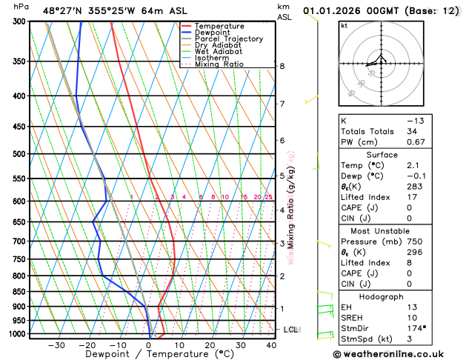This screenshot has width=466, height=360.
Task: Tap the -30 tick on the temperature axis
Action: tap(56, 344)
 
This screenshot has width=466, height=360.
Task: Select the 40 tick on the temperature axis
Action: tap(272, 344)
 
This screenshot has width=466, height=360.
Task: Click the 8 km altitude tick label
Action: tap(282, 66)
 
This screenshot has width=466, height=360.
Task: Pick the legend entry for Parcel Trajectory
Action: tap(232, 39)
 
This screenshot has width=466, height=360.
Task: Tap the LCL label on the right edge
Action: tap(290, 329)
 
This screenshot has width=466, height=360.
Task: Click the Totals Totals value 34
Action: tap(413, 131)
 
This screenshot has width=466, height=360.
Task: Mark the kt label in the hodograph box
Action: tap(344, 25)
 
